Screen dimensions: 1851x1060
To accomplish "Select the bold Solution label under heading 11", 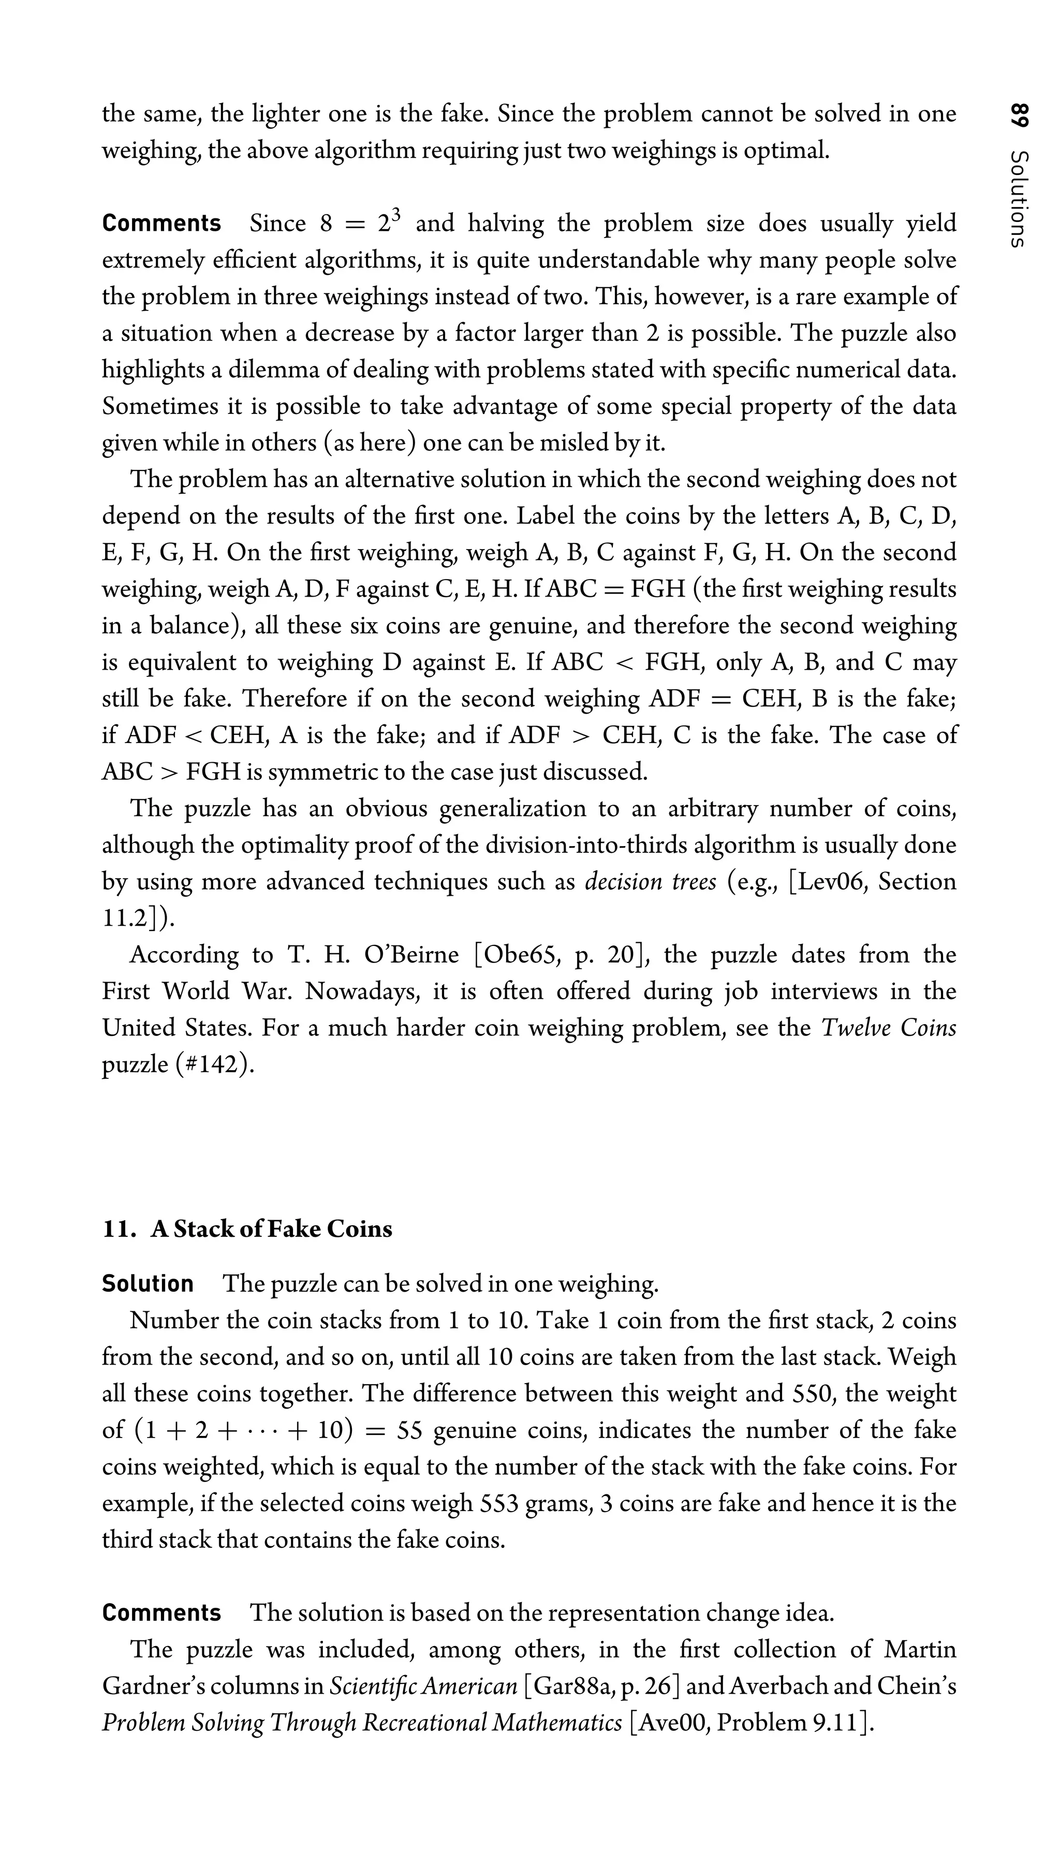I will click(x=148, y=1283).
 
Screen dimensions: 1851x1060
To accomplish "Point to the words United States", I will click(x=175, y=1028).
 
